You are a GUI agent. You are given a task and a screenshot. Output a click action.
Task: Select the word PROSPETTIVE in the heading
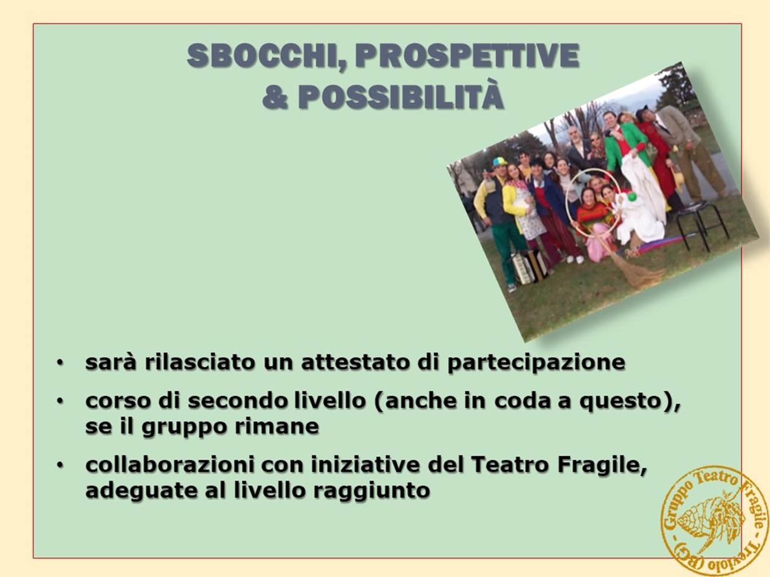pyautogui.click(x=467, y=55)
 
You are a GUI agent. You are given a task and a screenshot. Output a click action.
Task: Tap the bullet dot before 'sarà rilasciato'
pyautogui.click(x=60, y=363)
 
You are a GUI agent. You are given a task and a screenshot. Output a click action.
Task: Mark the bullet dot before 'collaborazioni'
pyautogui.click(x=60, y=465)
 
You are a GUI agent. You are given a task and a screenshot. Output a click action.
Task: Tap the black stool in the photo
pyautogui.click(x=698, y=224)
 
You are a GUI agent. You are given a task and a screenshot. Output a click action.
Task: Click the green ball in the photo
pyautogui.click(x=632, y=198)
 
